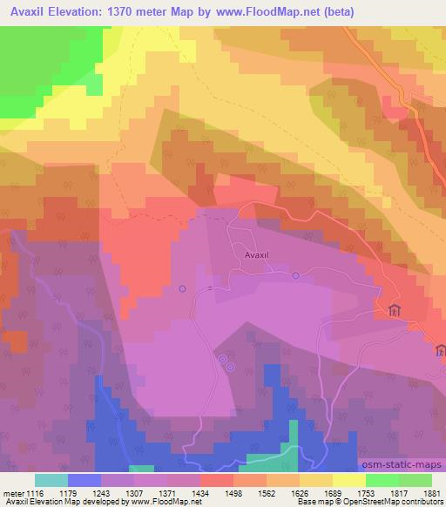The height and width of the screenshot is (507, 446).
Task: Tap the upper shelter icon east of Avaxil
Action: (394, 311)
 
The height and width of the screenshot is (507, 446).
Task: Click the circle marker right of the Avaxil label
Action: (295, 276)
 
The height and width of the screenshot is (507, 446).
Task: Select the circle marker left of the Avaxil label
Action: (182, 288)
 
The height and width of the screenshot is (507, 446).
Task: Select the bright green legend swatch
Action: (382, 480)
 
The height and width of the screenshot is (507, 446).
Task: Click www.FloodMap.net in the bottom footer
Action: (165, 502)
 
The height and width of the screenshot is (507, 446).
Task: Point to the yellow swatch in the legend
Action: (348, 480)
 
